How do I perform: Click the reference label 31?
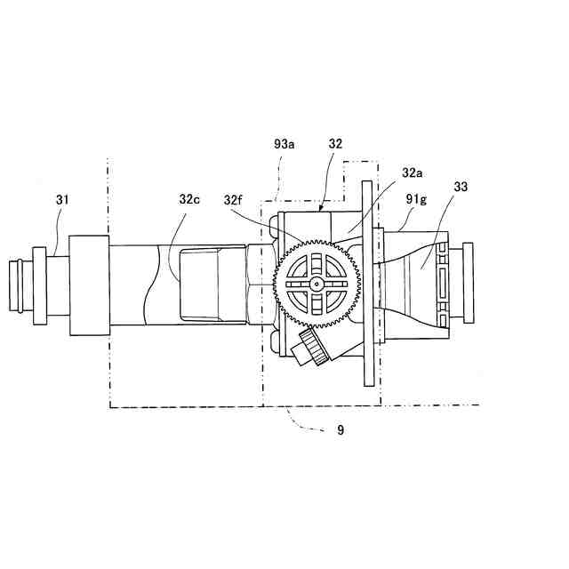point(61,200)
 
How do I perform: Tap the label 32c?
point(188,200)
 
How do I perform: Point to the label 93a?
point(285,143)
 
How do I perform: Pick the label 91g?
point(416,201)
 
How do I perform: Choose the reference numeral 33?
point(461,188)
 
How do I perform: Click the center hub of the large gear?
point(318,284)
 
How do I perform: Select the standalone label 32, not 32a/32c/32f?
point(335,143)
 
